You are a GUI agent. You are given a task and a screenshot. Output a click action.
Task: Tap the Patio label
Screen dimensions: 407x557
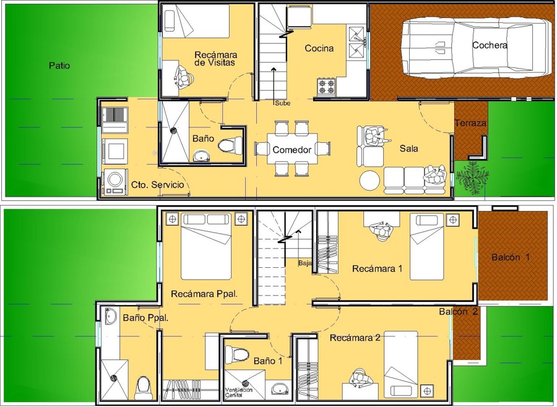(x=59, y=65)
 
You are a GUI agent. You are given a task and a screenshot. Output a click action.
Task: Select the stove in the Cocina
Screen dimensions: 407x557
(x=326, y=86)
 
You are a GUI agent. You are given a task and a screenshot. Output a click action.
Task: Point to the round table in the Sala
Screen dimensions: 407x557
(x=370, y=180)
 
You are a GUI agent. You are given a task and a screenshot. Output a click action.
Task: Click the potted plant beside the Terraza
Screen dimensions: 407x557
(x=470, y=176)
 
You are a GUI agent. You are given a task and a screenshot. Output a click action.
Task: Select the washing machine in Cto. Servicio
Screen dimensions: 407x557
(x=115, y=181)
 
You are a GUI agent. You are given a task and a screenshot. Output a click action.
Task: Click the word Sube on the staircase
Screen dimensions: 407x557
(x=282, y=103)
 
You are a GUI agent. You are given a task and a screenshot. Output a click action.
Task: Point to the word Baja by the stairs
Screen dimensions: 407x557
(x=304, y=263)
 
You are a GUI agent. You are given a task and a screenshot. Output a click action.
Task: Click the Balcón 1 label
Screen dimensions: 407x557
(x=511, y=257)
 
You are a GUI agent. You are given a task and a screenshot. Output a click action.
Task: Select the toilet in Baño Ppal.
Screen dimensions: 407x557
(x=143, y=386)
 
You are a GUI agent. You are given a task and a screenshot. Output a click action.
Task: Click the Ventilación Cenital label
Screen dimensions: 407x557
(x=239, y=392)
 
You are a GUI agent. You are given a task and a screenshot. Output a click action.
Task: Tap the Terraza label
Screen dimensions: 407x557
(x=470, y=123)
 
